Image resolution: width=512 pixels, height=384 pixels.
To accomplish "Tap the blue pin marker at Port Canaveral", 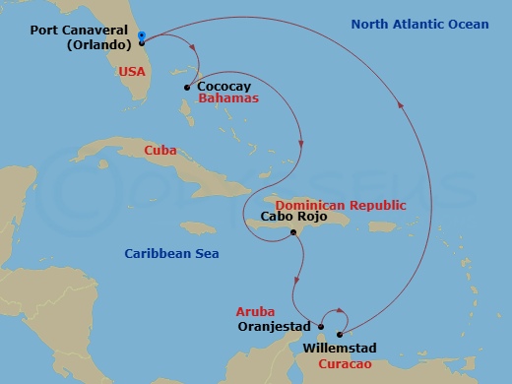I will coord(142,35).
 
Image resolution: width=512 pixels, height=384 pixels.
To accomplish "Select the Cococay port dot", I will coord(186,88).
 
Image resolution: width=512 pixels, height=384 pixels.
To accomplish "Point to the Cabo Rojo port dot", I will coord(293,232).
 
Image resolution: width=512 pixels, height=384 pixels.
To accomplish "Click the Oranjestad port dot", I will coord(322,326).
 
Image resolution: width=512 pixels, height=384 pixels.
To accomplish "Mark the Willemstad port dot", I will coord(340,335).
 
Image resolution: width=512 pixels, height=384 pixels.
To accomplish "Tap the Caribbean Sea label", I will coord(171,254).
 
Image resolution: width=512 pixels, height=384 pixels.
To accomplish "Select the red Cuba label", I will coord(160,151).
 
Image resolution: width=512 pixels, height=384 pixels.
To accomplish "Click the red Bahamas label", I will coord(227,99).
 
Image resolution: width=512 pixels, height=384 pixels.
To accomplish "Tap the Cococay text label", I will coord(224,87).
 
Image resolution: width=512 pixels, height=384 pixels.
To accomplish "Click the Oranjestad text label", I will coord(274,326).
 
